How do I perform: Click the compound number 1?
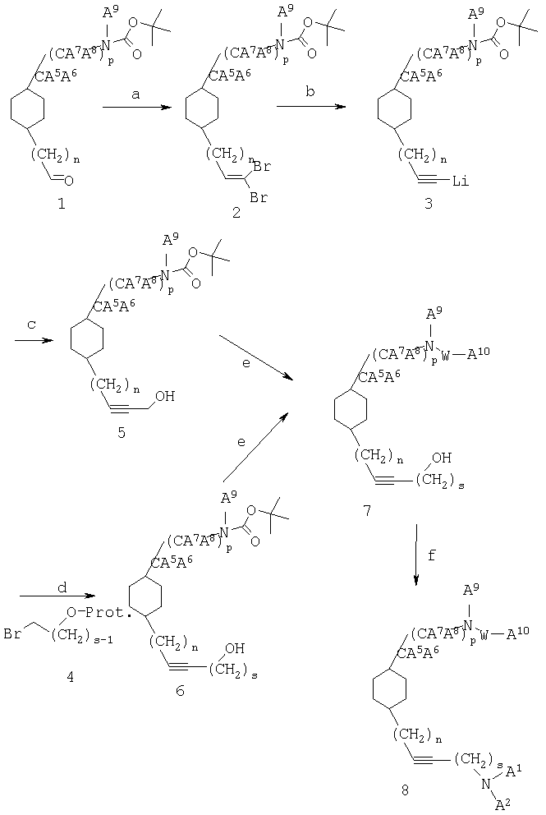click(x=62, y=204)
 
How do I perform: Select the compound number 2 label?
click(x=236, y=212)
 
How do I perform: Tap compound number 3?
click(x=428, y=203)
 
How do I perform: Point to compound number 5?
click(x=121, y=432)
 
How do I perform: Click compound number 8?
click(x=406, y=790)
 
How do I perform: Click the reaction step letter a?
click(x=136, y=94)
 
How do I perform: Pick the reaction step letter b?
click(x=310, y=93)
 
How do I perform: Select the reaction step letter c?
click(x=32, y=325)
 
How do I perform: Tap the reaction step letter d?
click(x=62, y=587)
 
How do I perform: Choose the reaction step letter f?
click(x=432, y=555)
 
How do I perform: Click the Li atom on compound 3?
click(x=461, y=182)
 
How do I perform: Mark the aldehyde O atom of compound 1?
click(x=69, y=181)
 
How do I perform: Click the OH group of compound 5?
click(x=164, y=397)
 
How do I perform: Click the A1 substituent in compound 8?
click(x=514, y=767)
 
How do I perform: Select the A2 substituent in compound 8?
click(x=502, y=804)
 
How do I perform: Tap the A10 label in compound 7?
click(x=479, y=353)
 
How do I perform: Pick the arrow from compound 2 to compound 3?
click(x=311, y=107)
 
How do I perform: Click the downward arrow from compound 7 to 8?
click(x=417, y=555)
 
